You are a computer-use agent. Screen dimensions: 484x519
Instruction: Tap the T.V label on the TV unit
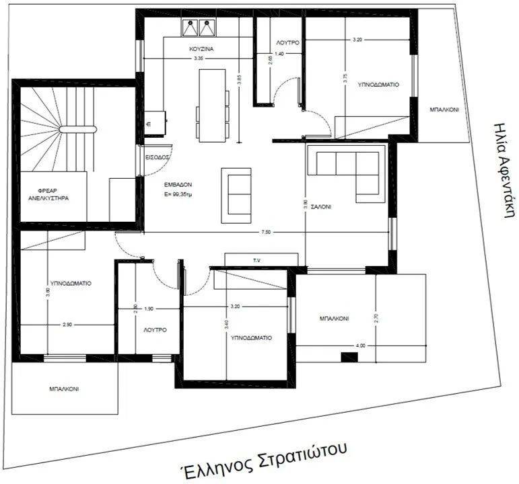(256, 260)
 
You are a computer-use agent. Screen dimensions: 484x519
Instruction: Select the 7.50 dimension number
(267, 232)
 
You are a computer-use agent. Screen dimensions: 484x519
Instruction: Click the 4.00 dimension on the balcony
(361, 346)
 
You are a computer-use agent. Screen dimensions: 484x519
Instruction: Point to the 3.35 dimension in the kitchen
(199, 59)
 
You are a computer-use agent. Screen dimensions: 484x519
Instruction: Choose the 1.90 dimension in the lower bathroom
(149, 308)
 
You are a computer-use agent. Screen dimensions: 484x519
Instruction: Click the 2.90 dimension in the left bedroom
(67, 325)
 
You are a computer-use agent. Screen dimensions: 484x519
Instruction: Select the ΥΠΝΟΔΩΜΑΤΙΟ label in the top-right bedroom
(378, 86)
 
